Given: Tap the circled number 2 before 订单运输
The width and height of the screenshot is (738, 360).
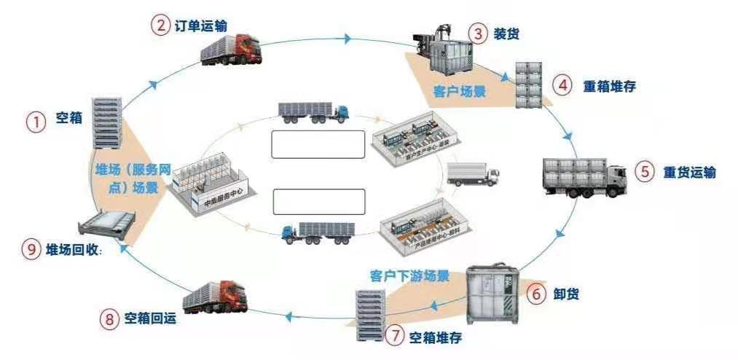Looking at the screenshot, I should [x=160, y=25].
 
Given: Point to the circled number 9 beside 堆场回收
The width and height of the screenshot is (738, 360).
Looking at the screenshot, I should [x=31, y=249].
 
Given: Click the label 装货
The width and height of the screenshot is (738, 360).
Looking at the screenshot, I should [x=506, y=34].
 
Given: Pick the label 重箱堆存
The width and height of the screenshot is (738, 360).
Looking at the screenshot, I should [x=609, y=85].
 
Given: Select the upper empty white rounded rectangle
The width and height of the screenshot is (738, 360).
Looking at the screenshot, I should [x=317, y=144].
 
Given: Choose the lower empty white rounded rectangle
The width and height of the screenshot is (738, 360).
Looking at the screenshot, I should [x=318, y=201].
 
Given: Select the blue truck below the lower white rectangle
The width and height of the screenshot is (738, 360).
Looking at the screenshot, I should [x=317, y=232].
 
